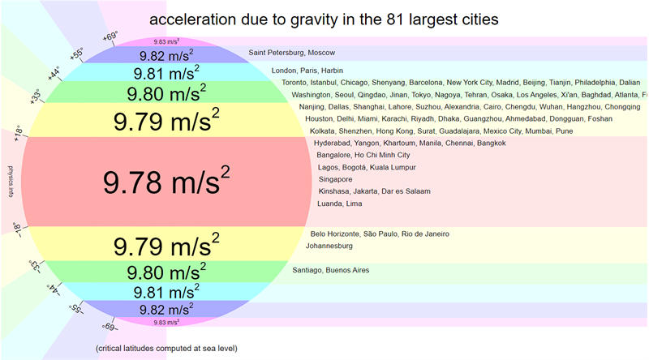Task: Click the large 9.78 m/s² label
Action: [166, 182]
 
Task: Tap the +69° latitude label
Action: [111, 35]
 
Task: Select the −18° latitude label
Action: [19, 230]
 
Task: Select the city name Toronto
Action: [296, 83]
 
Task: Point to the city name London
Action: [285, 71]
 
